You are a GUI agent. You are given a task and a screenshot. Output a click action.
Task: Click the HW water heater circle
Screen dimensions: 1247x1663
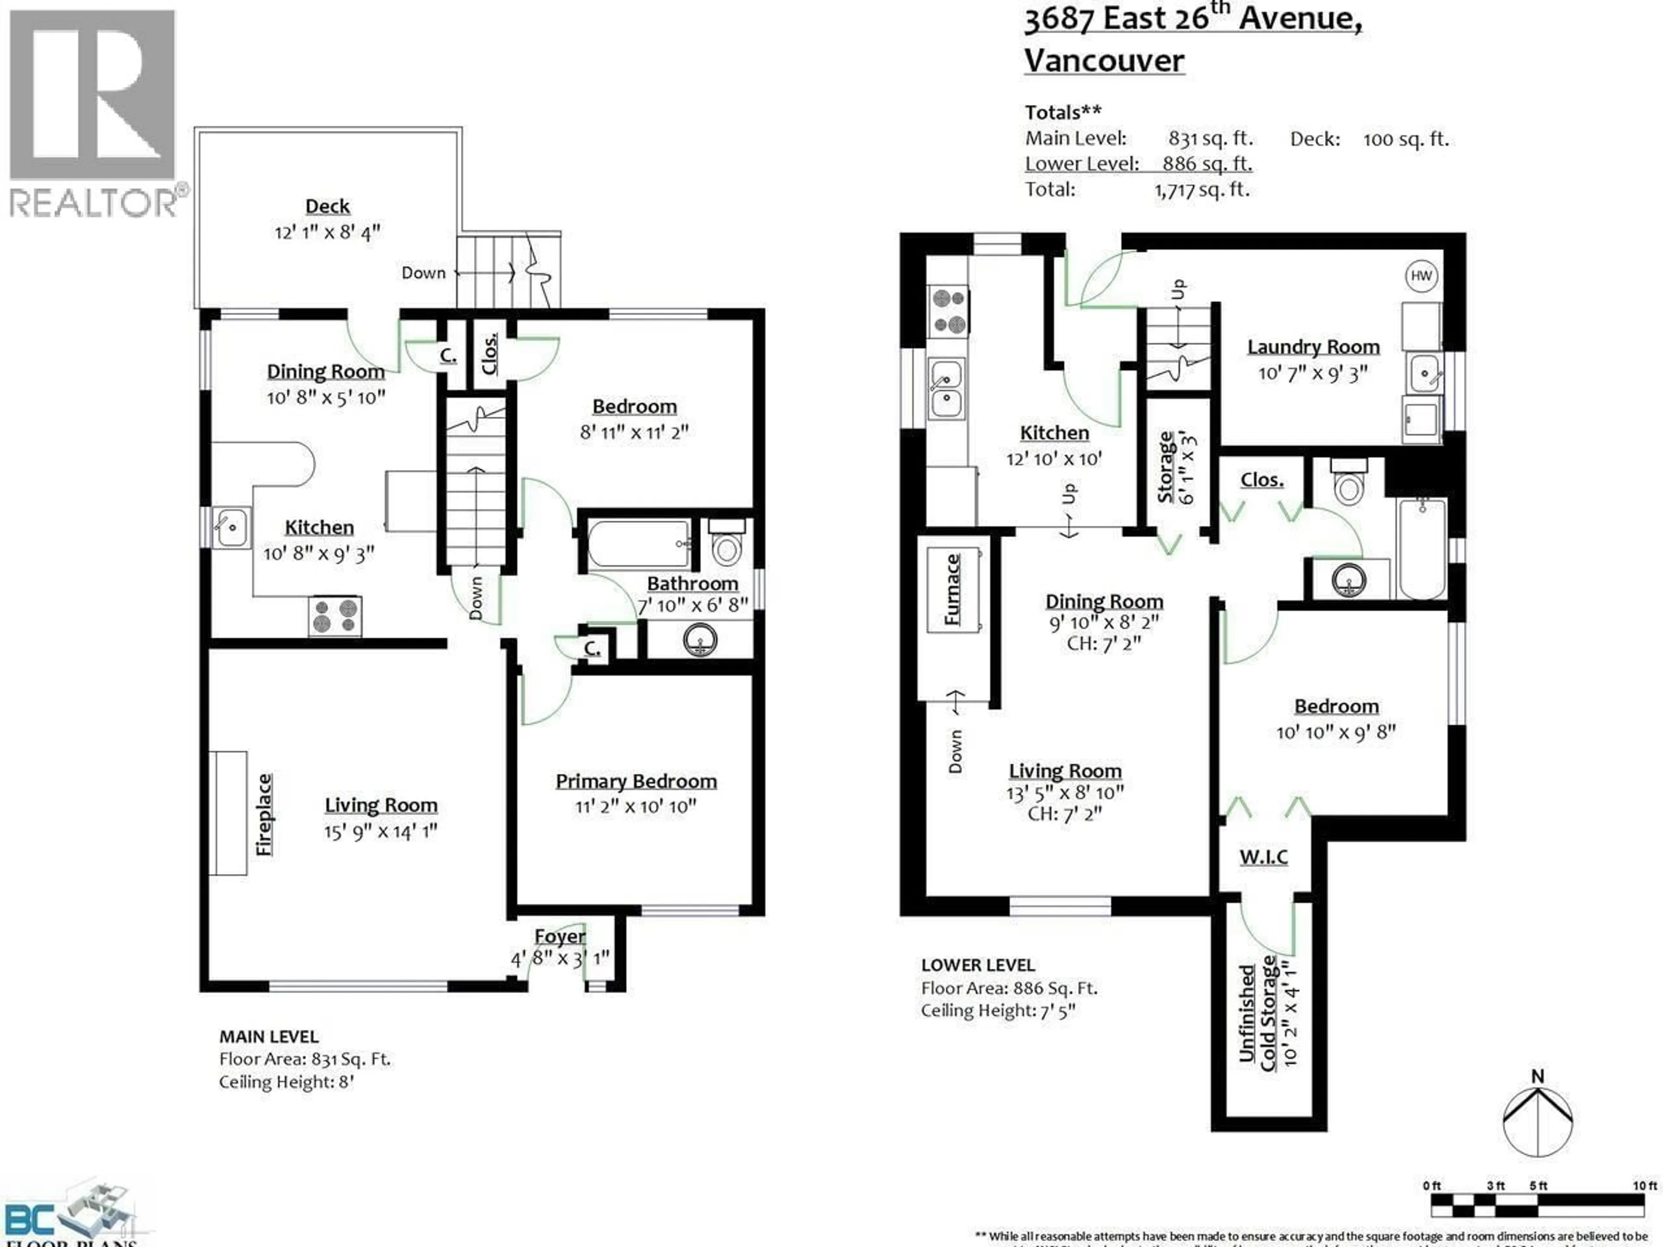(x=1421, y=276)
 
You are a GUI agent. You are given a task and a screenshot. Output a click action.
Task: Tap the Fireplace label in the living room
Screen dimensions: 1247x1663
(x=264, y=814)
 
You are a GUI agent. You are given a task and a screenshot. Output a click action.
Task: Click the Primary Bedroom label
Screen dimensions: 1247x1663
(x=636, y=782)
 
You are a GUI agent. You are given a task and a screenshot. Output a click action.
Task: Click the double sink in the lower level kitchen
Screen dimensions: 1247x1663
(x=946, y=389)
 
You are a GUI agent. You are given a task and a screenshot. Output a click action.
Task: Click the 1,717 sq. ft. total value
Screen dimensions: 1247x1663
(x=1201, y=190)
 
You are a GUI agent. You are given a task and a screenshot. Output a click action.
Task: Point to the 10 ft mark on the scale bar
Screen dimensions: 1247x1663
(x=1645, y=1186)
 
